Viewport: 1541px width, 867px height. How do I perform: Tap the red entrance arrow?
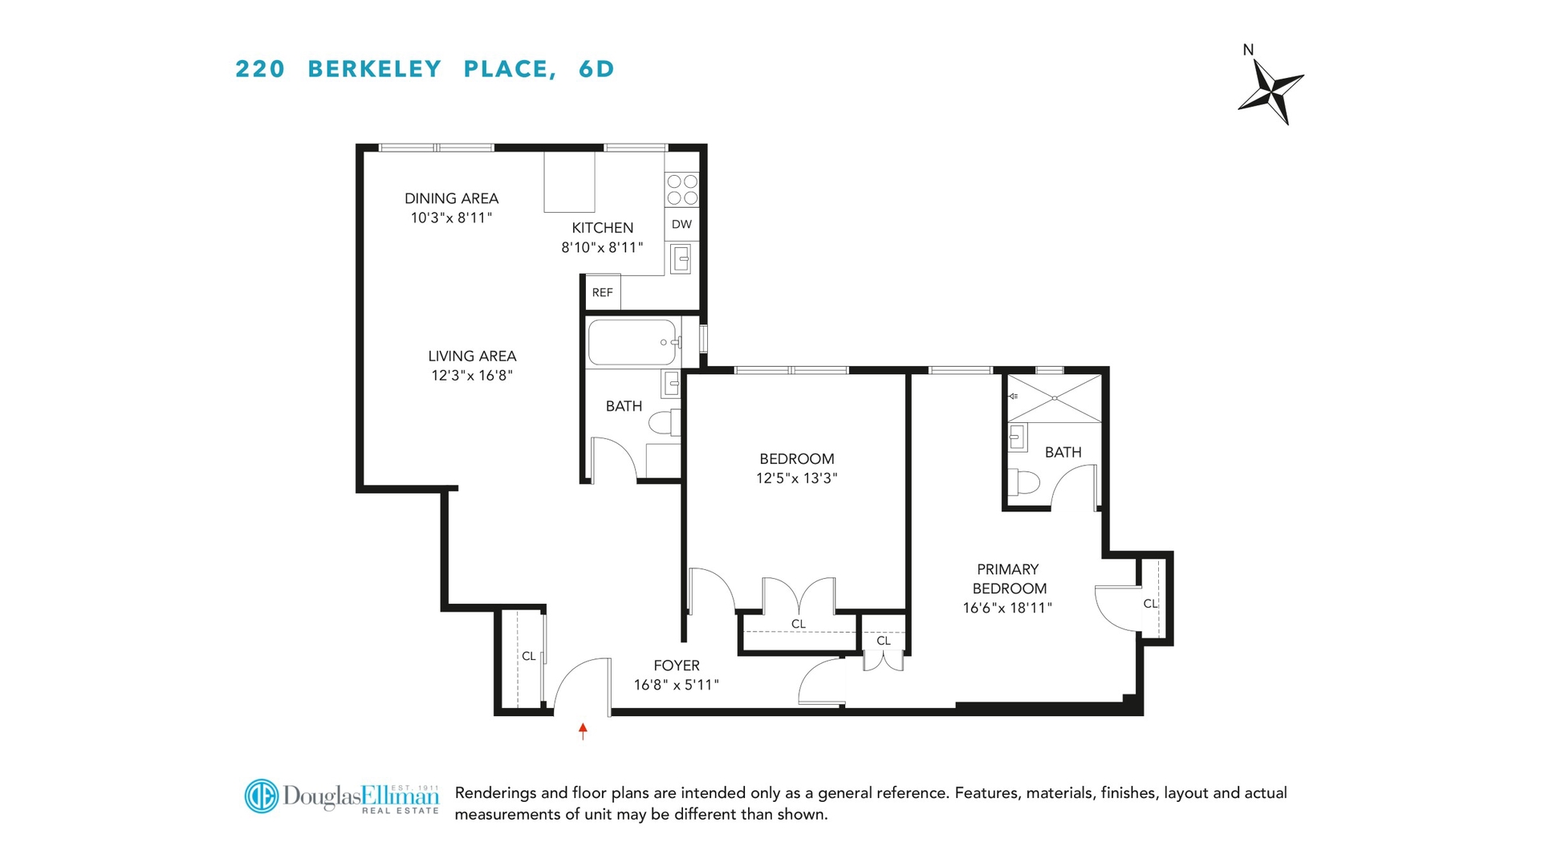click(x=583, y=731)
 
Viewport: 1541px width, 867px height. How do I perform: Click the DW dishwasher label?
click(x=681, y=224)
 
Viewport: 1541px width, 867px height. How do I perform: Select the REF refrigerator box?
click(x=602, y=292)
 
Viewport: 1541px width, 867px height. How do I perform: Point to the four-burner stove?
click(x=682, y=189)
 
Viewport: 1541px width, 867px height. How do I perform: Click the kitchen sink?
click(x=681, y=258)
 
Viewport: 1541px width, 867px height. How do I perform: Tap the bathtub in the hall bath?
click(x=632, y=343)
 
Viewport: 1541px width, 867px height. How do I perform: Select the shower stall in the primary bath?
click(x=1055, y=398)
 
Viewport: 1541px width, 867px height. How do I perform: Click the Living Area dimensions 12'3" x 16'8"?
click(x=472, y=375)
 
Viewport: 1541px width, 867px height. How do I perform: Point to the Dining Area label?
click(x=451, y=198)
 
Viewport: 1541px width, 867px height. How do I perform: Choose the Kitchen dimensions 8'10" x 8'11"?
click(x=602, y=247)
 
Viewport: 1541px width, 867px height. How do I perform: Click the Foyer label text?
click(x=677, y=666)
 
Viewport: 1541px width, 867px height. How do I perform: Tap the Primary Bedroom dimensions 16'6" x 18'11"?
click(x=1007, y=608)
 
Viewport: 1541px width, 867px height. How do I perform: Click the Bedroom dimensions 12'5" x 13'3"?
click(x=796, y=478)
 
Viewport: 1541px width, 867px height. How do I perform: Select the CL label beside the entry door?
click(x=528, y=656)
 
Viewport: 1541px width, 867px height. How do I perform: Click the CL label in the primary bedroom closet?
click(x=1150, y=604)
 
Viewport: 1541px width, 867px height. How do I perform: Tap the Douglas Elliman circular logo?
click(x=261, y=796)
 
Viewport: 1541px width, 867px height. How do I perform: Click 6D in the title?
click(x=596, y=69)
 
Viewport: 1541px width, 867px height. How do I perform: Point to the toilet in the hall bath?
click(x=663, y=422)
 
